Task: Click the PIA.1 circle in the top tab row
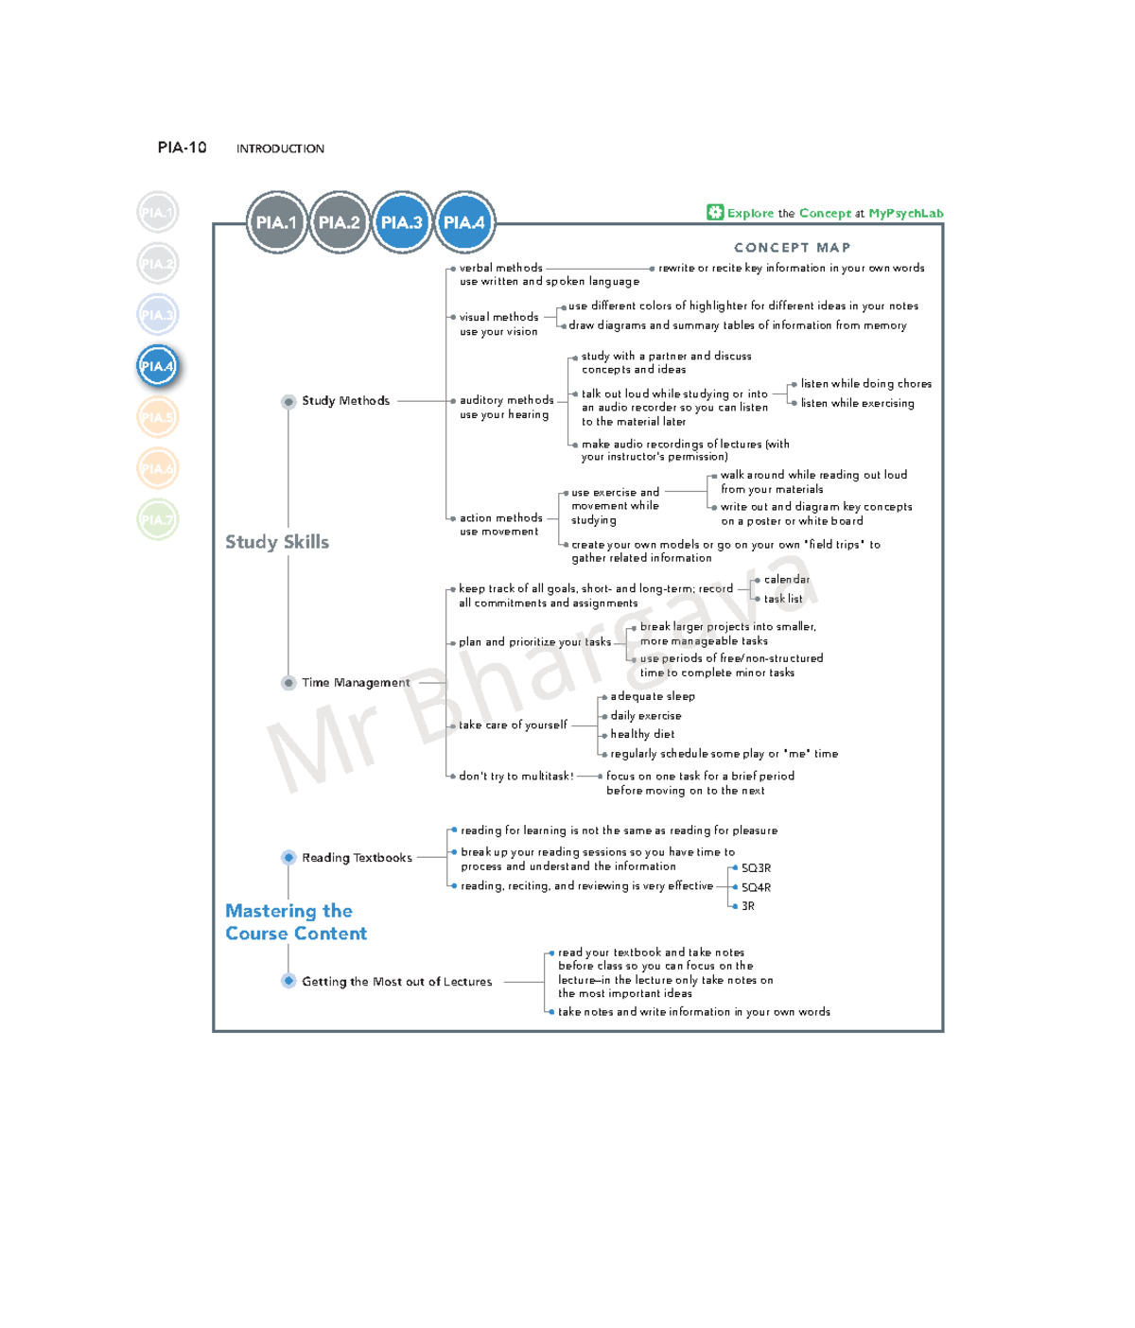[276, 222]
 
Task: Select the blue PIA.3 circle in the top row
[402, 222]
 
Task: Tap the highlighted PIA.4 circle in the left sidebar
[157, 366]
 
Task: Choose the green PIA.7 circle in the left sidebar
[157, 519]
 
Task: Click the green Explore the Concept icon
[715, 213]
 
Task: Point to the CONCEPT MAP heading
[793, 248]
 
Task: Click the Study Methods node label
[345, 401]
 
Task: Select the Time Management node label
[356, 683]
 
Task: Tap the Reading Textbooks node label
[357, 858]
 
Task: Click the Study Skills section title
[277, 542]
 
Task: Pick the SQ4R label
[756, 887]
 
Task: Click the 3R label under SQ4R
[748, 906]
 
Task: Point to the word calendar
[787, 580]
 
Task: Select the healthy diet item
[642, 734]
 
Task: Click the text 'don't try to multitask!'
[516, 777]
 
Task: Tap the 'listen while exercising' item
[857, 403]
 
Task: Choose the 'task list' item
[783, 599]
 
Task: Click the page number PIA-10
[182, 148]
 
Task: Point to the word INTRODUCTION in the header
[280, 149]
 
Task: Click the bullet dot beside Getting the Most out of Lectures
[288, 981]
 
